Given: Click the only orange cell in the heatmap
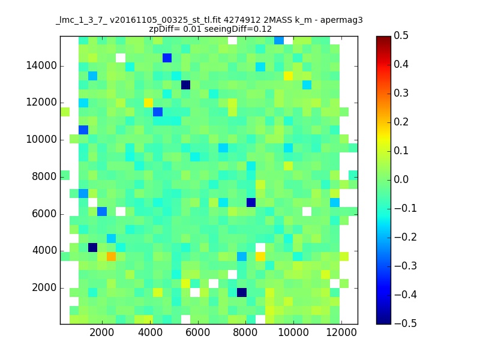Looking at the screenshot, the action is (x=111, y=256).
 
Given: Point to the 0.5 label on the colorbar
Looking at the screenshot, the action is (x=401, y=35).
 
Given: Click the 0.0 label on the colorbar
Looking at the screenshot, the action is (x=401, y=179).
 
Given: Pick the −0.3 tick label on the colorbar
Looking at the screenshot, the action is (x=406, y=266).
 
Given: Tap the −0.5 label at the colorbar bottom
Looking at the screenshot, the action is (x=406, y=323).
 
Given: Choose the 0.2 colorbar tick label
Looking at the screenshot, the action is (x=401, y=122).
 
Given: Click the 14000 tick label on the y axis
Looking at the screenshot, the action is (x=41, y=65).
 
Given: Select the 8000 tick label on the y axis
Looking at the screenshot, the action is (x=44, y=176).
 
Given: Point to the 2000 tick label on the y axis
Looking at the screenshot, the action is (x=44, y=288).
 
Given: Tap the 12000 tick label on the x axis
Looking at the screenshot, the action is (x=341, y=332).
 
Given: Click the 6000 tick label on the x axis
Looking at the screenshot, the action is (x=198, y=332).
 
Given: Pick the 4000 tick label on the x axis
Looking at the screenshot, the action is (x=150, y=332).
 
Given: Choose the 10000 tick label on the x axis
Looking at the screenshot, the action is (x=293, y=332).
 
